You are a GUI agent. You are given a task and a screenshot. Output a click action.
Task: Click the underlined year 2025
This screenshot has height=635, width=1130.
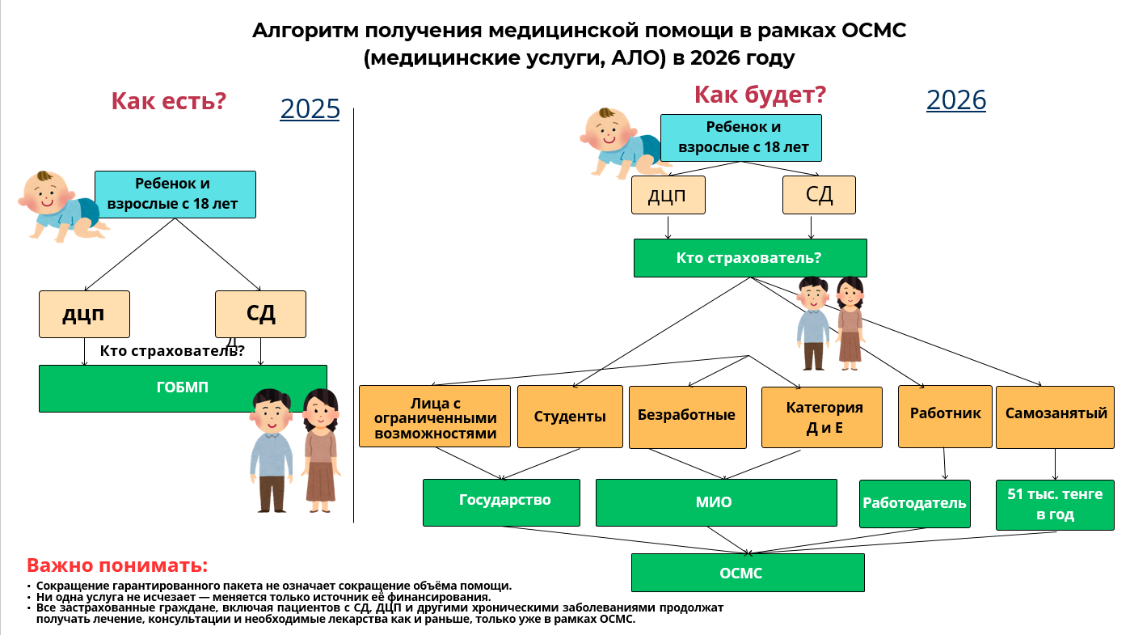310,108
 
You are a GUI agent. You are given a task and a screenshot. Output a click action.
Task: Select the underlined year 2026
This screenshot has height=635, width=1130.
956,99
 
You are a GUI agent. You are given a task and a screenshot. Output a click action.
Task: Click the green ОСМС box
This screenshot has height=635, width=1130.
748,573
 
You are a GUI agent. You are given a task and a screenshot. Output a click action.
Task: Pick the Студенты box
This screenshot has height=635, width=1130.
569,417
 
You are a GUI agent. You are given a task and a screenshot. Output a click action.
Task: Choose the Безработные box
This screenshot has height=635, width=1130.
687,416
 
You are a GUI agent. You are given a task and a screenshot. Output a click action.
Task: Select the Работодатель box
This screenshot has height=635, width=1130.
914,503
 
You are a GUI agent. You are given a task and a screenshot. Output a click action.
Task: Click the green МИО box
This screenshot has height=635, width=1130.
715,502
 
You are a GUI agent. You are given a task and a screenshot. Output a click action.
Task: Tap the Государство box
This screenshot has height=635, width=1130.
501,502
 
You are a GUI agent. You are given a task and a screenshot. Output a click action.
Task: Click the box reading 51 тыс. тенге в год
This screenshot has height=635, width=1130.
1055,505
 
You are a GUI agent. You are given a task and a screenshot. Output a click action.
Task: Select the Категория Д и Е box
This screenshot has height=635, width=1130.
822,417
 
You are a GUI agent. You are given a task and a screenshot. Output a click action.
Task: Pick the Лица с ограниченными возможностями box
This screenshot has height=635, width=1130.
435,417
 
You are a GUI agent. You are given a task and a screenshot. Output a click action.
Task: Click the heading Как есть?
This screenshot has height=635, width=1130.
168,101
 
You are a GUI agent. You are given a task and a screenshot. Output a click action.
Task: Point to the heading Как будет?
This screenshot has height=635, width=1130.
760,95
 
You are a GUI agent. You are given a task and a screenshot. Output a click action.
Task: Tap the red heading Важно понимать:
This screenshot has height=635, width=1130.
117,565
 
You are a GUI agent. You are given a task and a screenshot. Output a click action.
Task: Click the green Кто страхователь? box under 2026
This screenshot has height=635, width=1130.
749,258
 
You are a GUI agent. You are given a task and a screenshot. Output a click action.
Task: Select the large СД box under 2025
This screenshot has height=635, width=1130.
260,314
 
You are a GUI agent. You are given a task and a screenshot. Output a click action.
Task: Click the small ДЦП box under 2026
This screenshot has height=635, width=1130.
668,195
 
